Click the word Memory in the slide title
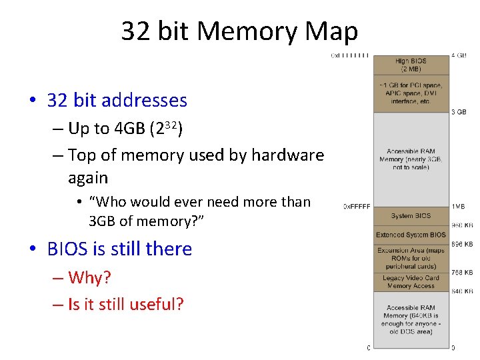click(x=250, y=31)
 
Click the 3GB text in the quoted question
click(x=106, y=221)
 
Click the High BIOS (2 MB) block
click(x=411, y=65)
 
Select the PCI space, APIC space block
click(x=411, y=93)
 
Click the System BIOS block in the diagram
click(x=411, y=216)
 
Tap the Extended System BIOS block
click(x=411, y=235)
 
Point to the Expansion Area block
click(x=411, y=258)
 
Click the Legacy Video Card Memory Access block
click(x=411, y=281)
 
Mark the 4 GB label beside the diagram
click(x=459, y=55)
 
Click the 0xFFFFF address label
click(x=357, y=207)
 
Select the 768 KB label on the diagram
click(x=462, y=273)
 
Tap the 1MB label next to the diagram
click(x=458, y=207)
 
